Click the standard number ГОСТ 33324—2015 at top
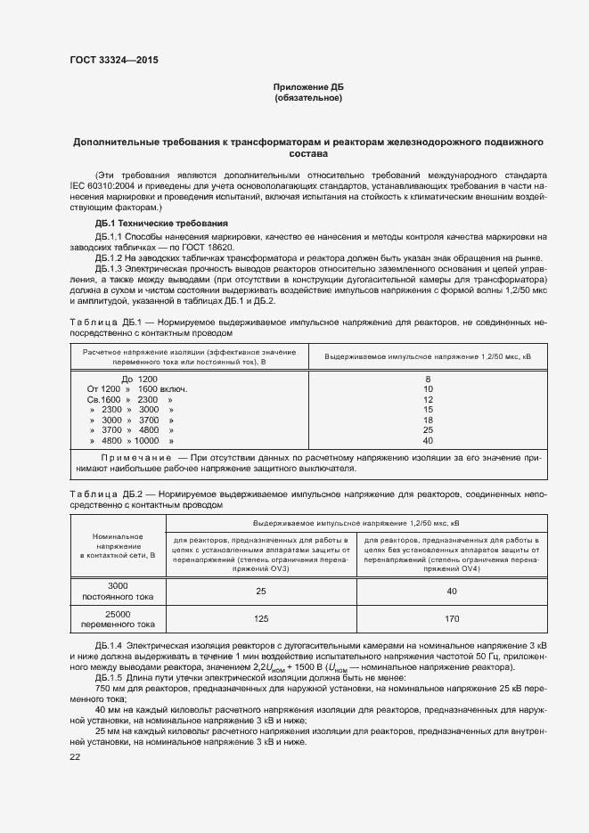(116, 61)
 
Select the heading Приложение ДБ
(308, 86)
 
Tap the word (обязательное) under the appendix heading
(308, 97)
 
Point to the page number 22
(75, 756)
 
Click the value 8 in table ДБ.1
(428, 379)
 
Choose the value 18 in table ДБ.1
(428, 420)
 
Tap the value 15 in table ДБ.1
(428, 410)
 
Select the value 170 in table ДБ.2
(452, 617)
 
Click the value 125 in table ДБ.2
(261, 617)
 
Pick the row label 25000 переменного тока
(119, 618)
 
